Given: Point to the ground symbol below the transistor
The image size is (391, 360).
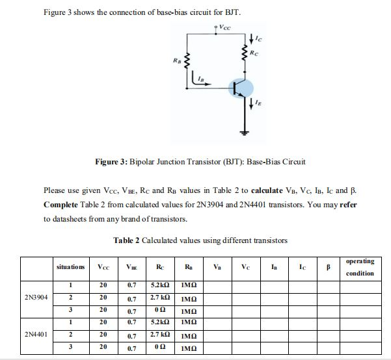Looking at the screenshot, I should pyautogui.click(x=247, y=133).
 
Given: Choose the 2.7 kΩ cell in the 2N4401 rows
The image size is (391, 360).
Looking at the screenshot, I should pyautogui.click(x=160, y=334).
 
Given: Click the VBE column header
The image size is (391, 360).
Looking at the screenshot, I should pyautogui.click(x=132, y=267).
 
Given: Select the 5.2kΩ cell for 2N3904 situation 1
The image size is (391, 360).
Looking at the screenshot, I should pyautogui.click(x=160, y=285).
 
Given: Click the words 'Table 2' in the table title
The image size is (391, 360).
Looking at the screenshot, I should pyautogui.click(x=127, y=240).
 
